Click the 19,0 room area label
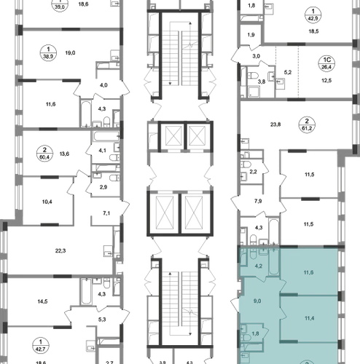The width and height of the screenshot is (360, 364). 70,52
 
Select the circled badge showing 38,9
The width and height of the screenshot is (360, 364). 48,52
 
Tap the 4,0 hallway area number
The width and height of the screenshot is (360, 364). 103,85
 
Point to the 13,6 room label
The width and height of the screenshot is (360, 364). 64,154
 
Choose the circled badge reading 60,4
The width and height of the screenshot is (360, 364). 44,154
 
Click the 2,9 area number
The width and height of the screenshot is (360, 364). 103,187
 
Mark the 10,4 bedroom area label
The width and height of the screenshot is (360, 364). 47,202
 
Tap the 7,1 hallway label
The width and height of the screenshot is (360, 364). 106,213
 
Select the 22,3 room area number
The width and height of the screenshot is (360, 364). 60,250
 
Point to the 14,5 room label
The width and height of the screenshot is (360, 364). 42,301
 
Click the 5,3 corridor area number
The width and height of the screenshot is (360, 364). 102,320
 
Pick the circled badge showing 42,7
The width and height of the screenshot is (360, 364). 41,346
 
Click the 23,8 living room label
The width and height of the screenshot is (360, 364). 275,124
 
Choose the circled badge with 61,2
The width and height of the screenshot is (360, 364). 307,125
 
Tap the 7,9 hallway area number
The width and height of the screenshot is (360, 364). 258,201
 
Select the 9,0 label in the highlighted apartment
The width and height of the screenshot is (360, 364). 257,301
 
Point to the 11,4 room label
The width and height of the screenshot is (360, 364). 309,318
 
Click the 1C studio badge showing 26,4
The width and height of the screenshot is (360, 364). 326,63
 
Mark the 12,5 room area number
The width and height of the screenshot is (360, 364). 326,80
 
